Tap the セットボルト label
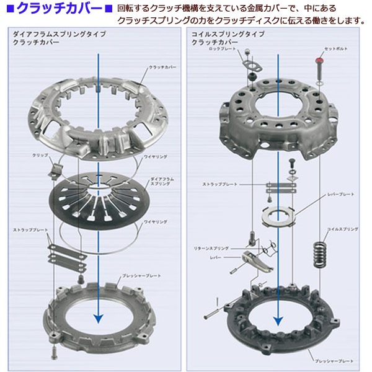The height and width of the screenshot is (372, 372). (x=335, y=48)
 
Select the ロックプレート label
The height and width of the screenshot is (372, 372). (x=222, y=48)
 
